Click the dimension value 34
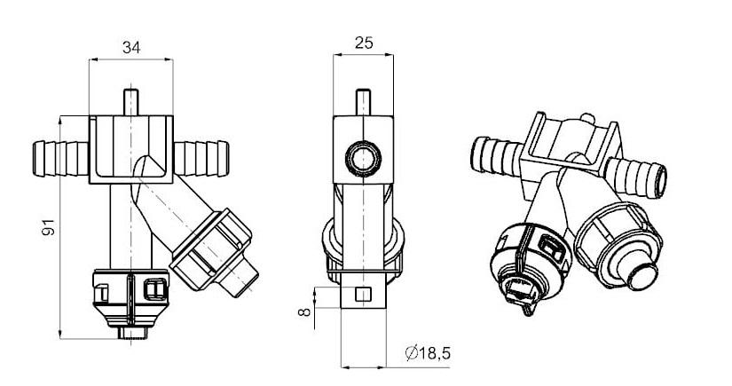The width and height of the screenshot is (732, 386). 131,47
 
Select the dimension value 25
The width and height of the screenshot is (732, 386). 364,43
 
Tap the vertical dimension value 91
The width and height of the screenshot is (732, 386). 50,227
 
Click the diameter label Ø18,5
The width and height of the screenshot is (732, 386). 428,353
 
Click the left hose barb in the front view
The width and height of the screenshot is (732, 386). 60,159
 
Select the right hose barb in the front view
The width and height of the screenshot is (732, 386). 201,159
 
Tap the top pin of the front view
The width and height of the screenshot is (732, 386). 131,102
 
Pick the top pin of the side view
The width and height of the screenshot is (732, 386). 363,102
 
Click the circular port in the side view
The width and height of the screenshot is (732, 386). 363,160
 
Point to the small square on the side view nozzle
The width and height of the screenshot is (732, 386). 363,295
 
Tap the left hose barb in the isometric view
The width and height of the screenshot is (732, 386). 496,155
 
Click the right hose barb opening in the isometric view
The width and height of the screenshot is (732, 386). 660,181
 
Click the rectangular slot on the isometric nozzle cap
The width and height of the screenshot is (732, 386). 551,248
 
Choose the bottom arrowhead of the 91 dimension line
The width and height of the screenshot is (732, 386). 59,334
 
